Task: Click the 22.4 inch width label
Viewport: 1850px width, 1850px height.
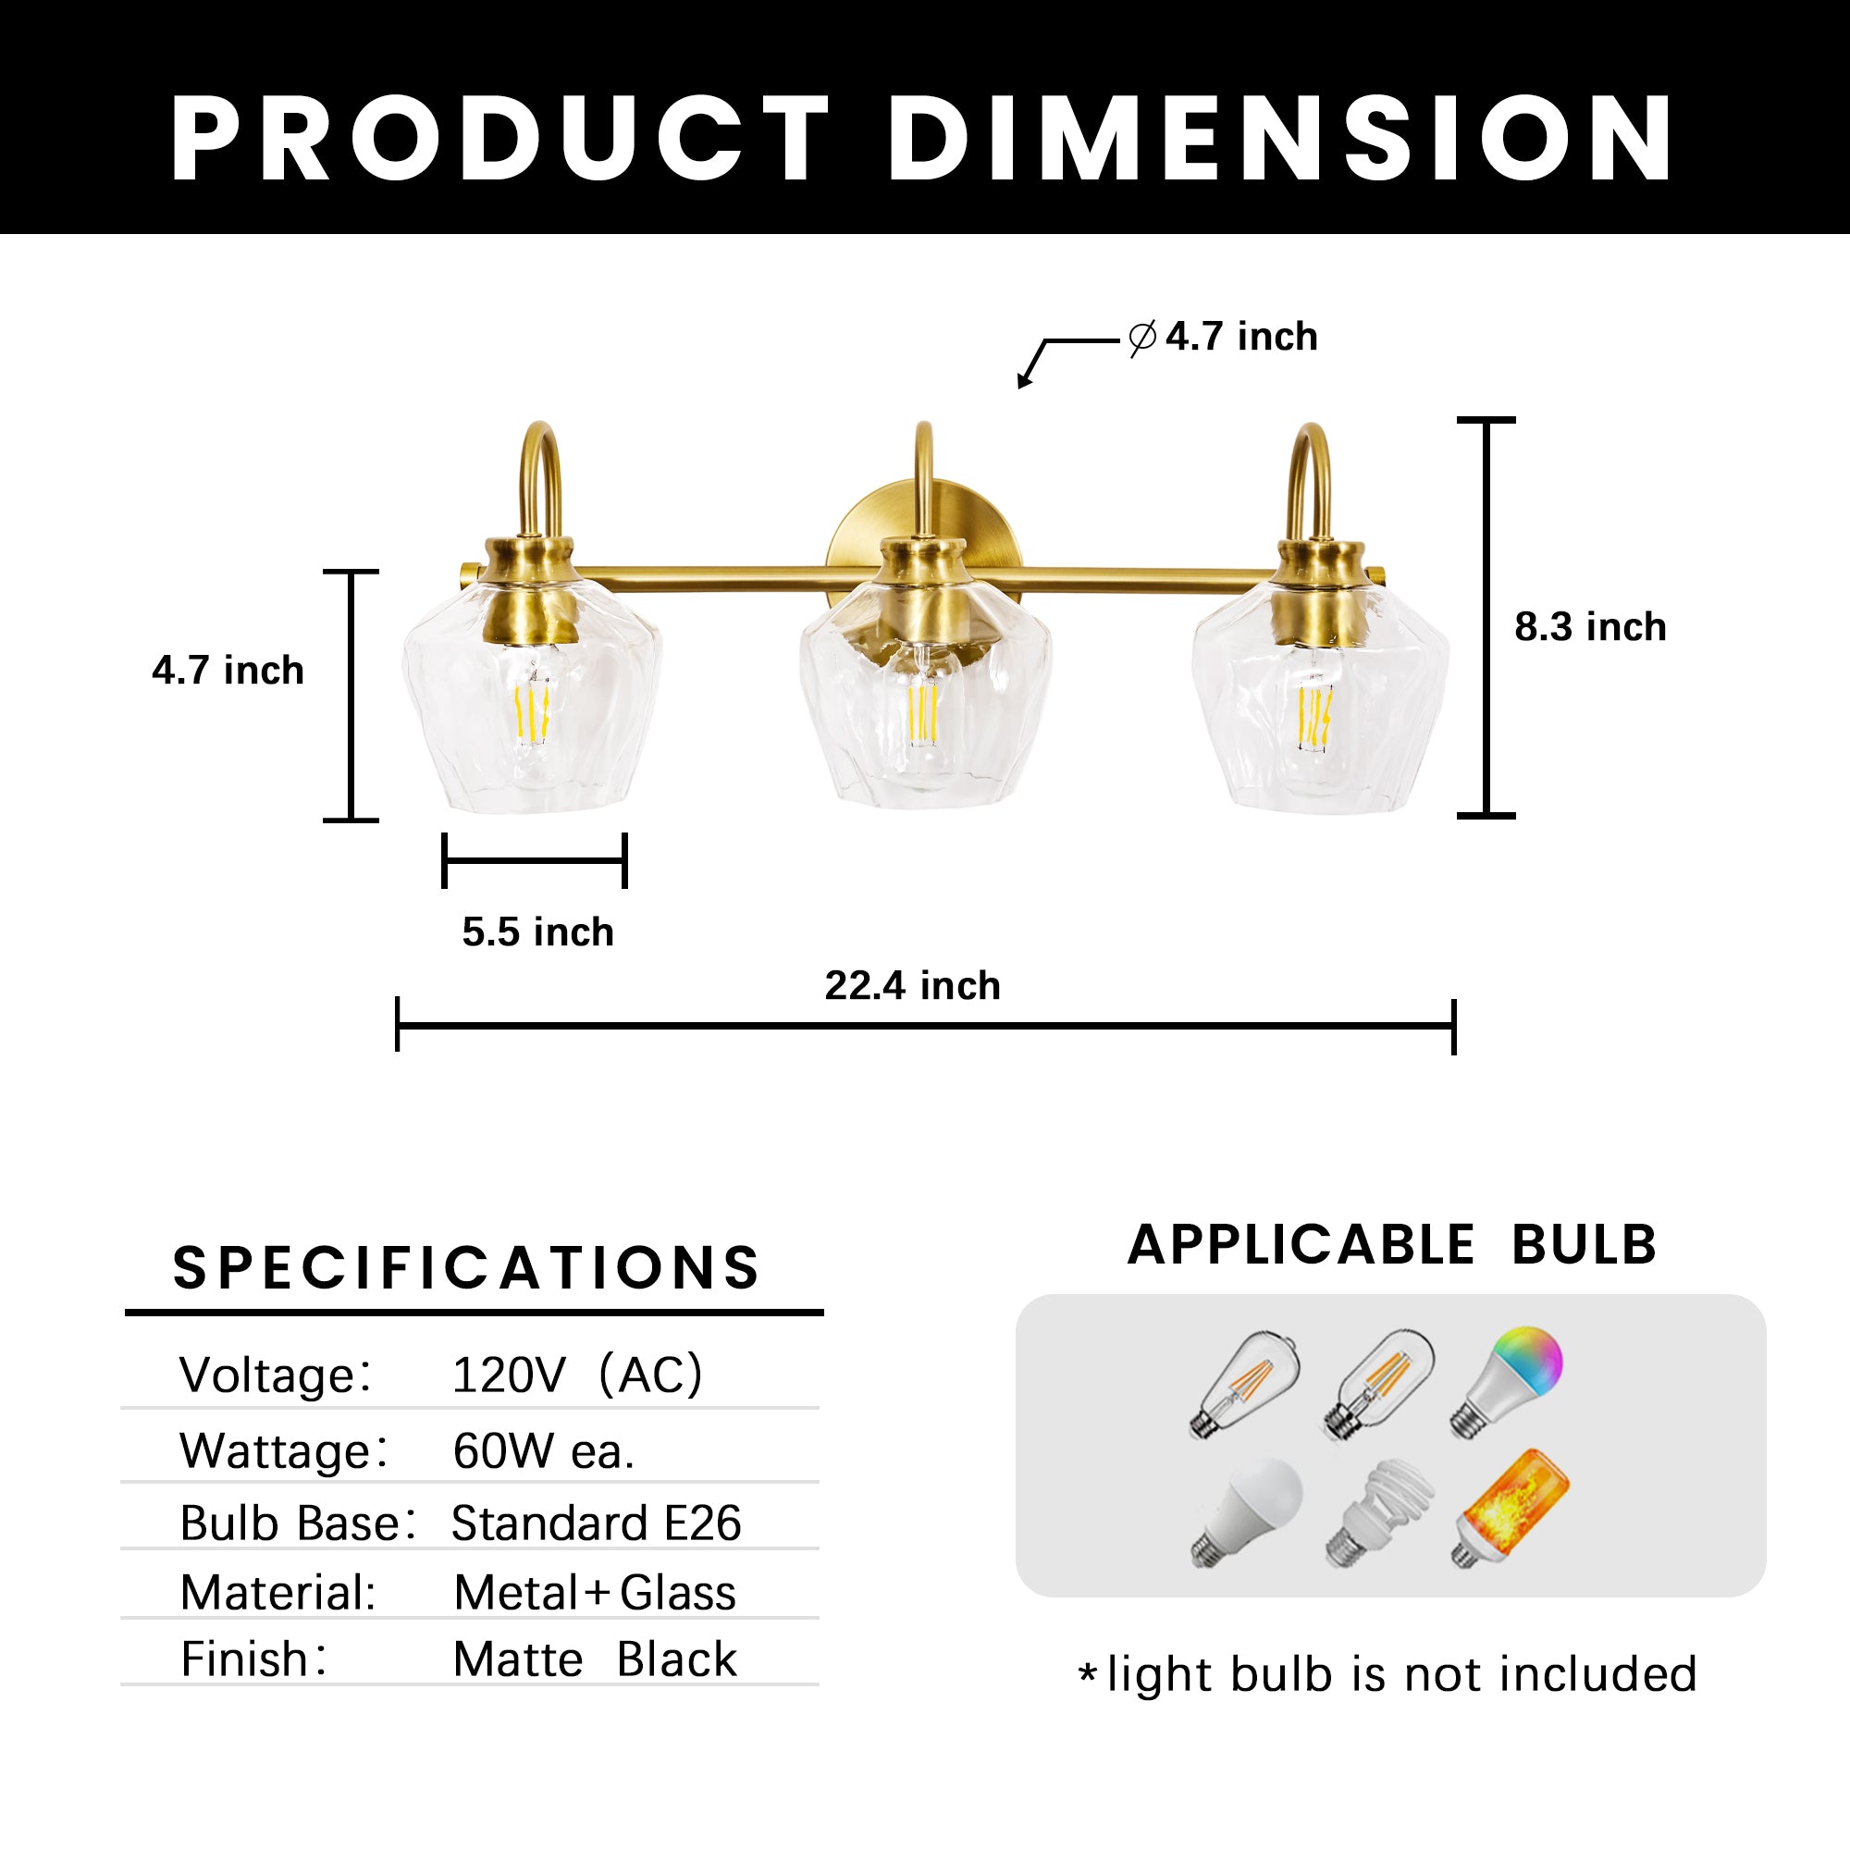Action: coord(913,986)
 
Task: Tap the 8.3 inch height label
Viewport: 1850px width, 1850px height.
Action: coord(1590,627)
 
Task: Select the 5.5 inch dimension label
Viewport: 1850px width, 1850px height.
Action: coord(537,931)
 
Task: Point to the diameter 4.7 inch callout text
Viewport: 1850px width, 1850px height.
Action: coord(1224,337)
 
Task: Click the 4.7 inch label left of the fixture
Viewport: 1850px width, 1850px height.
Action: coord(228,671)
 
